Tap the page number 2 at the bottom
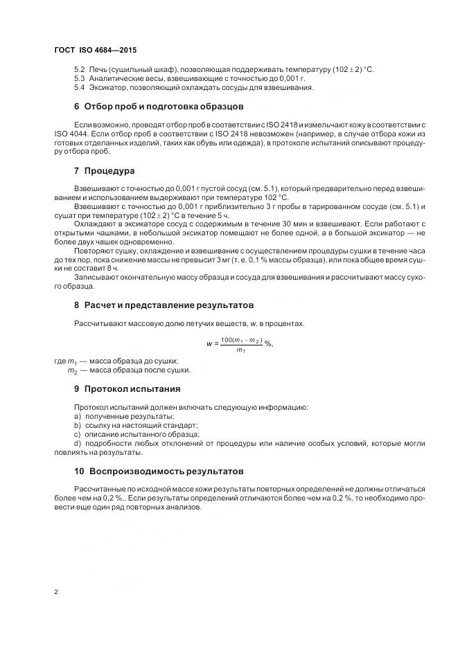(56, 592)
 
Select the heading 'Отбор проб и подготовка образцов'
(164, 107)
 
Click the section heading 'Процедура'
(109, 170)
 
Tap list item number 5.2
(79, 70)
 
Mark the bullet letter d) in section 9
(77, 443)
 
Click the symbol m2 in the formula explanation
(71, 370)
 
